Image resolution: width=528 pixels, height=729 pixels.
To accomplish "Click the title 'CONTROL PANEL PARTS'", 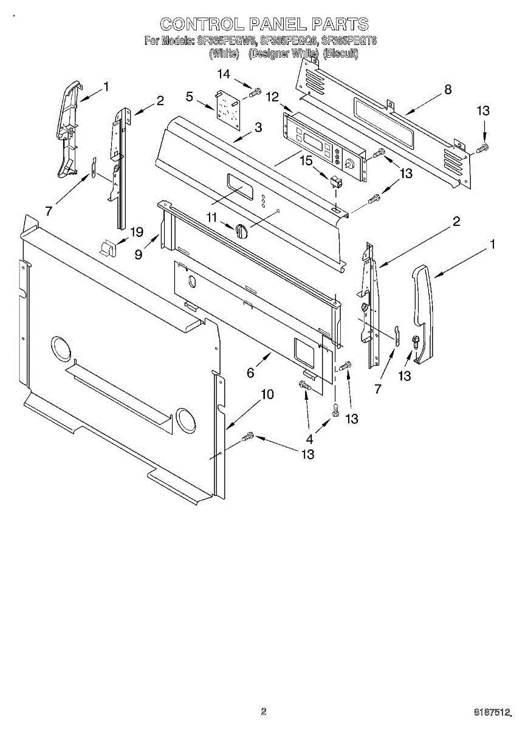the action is pyautogui.click(x=264, y=24).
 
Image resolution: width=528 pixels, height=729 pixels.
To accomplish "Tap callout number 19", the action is pyautogui.click(x=137, y=231).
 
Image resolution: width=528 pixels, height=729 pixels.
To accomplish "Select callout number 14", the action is pyautogui.click(x=224, y=74).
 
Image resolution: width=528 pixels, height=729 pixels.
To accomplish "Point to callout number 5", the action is pyautogui.click(x=190, y=96).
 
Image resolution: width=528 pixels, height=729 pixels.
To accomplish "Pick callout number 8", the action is pyautogui.click(x=448, y=89).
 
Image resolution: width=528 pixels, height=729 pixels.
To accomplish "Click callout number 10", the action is pyautogui.click(x=267, y=394).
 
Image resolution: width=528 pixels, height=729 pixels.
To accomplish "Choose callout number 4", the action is pyautogui.click(x=310, y=439).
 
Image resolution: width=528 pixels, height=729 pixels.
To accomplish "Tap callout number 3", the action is pyautogui.click(x=258, y=128).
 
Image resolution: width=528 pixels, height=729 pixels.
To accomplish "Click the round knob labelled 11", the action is pyautogui.click(x=241, y=231).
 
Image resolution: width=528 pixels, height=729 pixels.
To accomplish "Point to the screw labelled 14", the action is pyautogui.click(x=256, y=93).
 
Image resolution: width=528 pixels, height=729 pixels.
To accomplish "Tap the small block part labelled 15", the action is pyautogui.click(x=336, y=181).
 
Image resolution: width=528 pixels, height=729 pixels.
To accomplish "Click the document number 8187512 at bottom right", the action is pyautogui.click(x=492, y=711).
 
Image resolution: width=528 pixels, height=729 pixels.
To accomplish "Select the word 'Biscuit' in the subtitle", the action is pyautogui.click(x=341, y=53).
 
